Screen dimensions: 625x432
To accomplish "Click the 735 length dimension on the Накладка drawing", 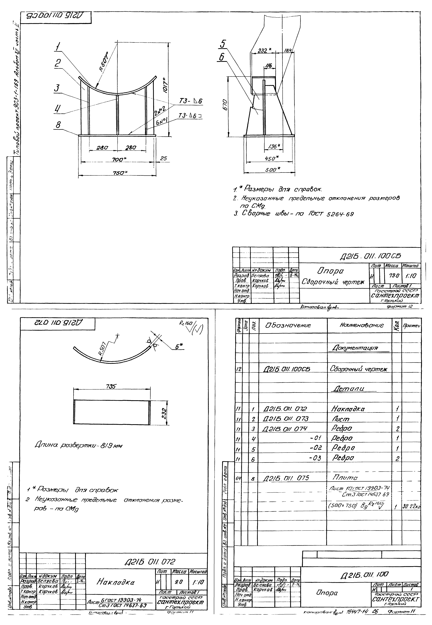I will [111, 386].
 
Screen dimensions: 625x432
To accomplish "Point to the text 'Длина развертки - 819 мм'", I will [78, 445].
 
